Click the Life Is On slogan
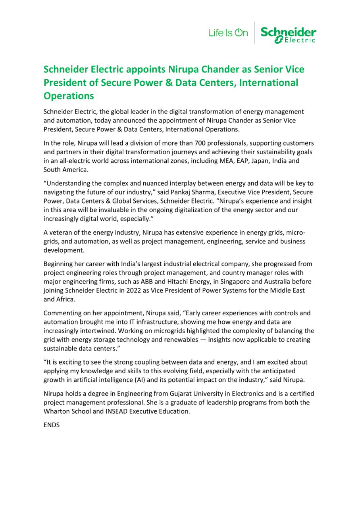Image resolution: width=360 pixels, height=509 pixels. click(x=228, y=33)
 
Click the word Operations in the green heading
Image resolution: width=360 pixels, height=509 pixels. click(x=68, y=96)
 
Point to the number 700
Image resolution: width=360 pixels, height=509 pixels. click(x=201, y=143)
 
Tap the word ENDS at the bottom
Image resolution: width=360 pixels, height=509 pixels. click(x=51, y=425)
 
